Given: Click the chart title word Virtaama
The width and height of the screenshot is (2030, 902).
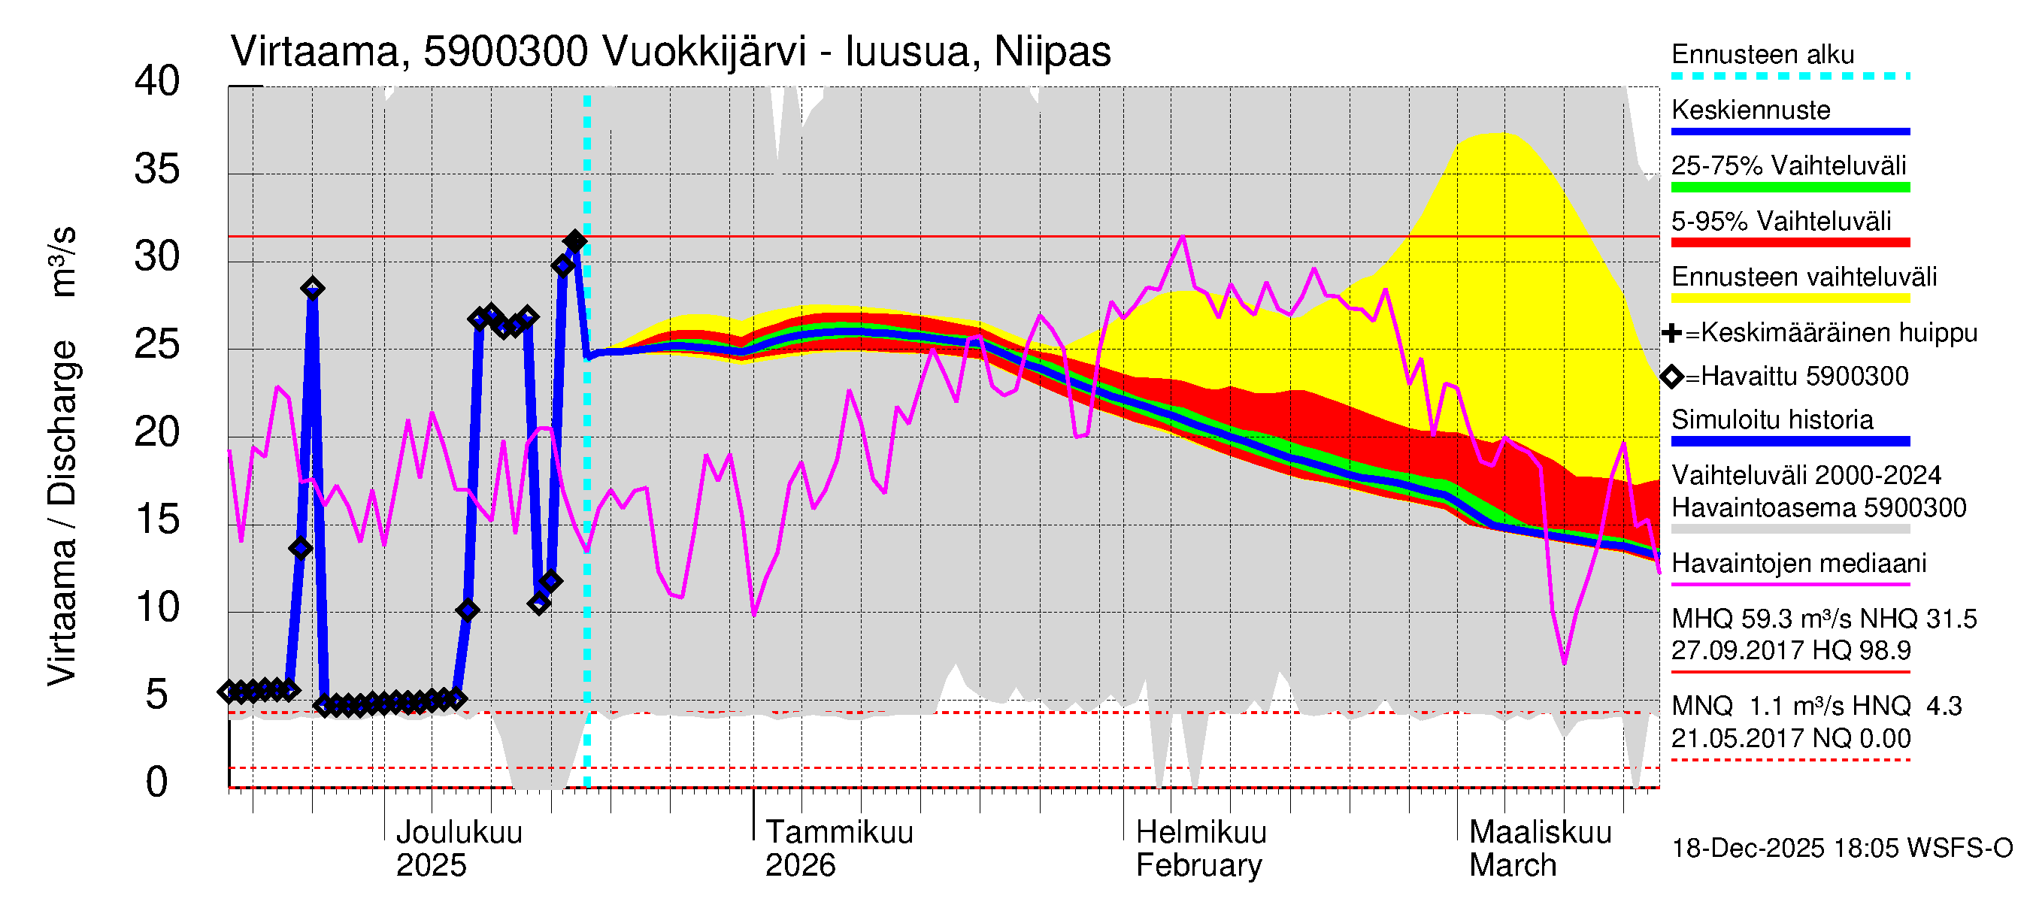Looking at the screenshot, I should [x=316, y=52].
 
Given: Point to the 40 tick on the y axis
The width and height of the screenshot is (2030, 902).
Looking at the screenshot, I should [x=158, y=81].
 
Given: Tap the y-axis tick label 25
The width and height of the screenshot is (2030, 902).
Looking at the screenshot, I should [x=158, y=344].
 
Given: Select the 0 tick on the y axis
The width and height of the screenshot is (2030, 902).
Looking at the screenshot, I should [x=158, y=782].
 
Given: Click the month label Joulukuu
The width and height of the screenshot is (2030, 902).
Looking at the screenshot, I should [x=459, y=832].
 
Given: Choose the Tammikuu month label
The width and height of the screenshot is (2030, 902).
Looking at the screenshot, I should [x=839, y=832].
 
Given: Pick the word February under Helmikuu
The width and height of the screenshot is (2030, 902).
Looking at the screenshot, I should [x=1198, y=866].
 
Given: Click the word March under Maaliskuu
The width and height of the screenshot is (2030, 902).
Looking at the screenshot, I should [x=1512, y=866].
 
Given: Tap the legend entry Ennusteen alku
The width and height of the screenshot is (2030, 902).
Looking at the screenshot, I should [x=1763, y=54].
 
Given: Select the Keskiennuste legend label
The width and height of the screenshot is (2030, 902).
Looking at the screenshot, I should [x=1750, y=110].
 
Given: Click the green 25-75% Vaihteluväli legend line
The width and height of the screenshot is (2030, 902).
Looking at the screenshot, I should [x=1789, y=187].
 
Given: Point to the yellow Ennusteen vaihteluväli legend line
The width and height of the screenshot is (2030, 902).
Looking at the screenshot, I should [x=1789, y=298].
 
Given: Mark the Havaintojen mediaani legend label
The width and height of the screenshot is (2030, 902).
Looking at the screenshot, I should [x=1798, y=563].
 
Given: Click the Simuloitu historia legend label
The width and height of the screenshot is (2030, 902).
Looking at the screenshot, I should [x=1771, y=420].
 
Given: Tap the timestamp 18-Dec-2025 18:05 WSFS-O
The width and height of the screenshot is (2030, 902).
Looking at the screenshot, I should [x=1841, y=849].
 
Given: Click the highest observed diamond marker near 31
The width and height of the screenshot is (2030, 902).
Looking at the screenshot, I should [x=574, y=241].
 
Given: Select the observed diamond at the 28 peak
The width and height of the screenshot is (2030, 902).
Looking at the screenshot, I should [x=313, y=289].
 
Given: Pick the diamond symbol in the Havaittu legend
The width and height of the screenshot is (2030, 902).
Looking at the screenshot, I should [x=1671, y=377].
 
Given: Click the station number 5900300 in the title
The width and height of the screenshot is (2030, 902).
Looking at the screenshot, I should [x=505, y=52].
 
